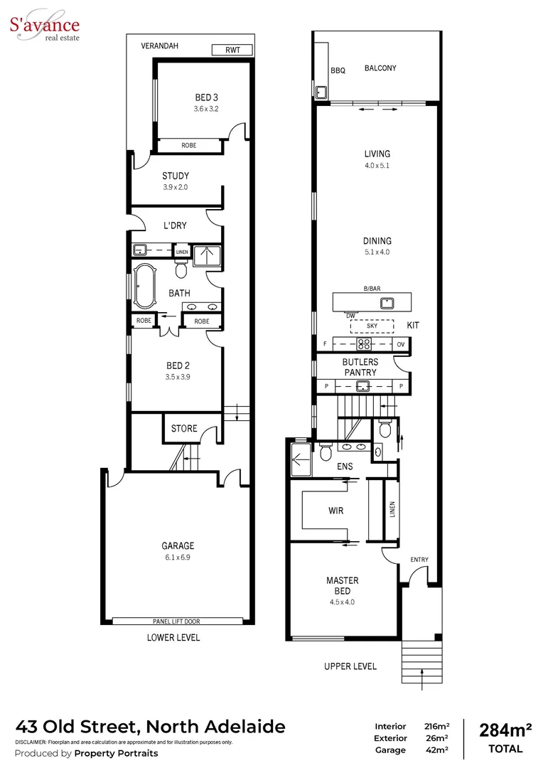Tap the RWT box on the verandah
(232, 50)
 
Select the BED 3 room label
(205, 97)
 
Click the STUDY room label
(175, 176)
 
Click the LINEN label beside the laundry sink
(183, 251)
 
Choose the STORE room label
(183, 429)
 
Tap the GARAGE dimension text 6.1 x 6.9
(177, 558)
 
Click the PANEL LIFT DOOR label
(176, 621)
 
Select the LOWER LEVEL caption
(173, 638)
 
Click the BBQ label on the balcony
(338, 70)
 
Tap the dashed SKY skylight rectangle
(372, 326)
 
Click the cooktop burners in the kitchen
(364, 344)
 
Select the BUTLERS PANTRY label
(361, 367)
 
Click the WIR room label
(335, 511)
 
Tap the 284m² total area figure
(506, 730)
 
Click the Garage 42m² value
(436, 750)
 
